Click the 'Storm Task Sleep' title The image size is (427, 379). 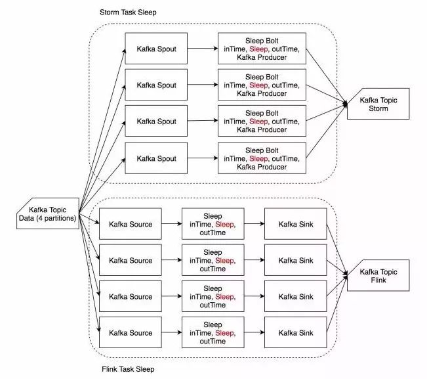pyautogui.click(x=128, y=12)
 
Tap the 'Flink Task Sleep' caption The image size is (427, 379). pyautogui.click(x=128, y=369)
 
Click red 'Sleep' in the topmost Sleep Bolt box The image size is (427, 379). pyautogui.click(x=258, y=49)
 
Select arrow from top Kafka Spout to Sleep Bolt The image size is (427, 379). pyautogui.click(x=203, y=49)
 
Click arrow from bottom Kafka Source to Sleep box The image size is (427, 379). pyautogui.click(x=172, y=332)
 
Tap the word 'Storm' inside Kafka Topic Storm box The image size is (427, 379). pyautogui.click(x=378, y=108)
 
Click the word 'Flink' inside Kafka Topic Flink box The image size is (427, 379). pyautogui.click(x=378, y=280)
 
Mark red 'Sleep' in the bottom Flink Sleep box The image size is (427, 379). pyautogui.click(x=224, y=333)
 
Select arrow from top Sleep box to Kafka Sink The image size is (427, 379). pyautogui.click(x=254, y=224)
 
